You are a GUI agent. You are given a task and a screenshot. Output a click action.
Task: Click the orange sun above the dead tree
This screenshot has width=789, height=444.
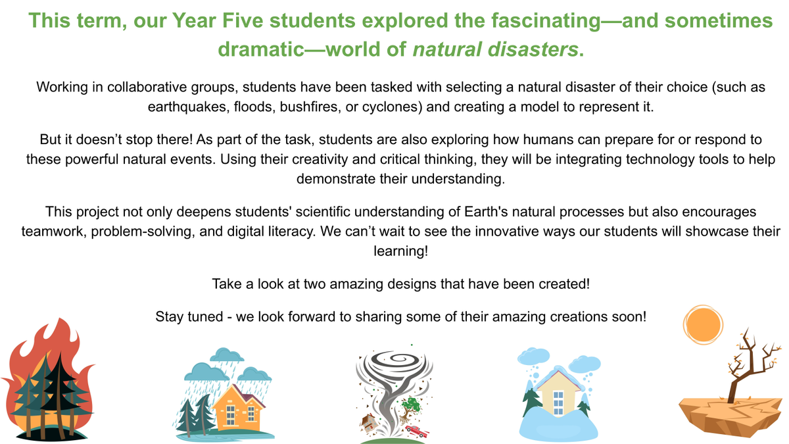(x=703, y=324)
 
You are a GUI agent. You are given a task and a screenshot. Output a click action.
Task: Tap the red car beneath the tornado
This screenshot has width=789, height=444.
(x=417, y=431)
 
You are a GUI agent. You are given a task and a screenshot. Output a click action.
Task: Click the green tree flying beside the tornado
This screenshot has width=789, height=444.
(x=410, y=408)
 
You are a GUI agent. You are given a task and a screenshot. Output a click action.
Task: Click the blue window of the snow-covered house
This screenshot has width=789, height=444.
(x=558, y=403)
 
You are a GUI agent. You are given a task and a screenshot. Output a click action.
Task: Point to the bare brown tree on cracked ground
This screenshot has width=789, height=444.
(x=747, y=366)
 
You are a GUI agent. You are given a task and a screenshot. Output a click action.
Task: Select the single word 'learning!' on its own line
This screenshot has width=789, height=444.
(x=401, y=251)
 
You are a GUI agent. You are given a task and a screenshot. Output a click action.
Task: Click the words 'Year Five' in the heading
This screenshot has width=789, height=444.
(x=218, y=20)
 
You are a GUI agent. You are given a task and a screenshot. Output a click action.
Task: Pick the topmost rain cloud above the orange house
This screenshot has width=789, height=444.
(x=227, y=355)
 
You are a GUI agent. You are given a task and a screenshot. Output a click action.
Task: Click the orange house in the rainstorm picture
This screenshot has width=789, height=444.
(x=239, y=408)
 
